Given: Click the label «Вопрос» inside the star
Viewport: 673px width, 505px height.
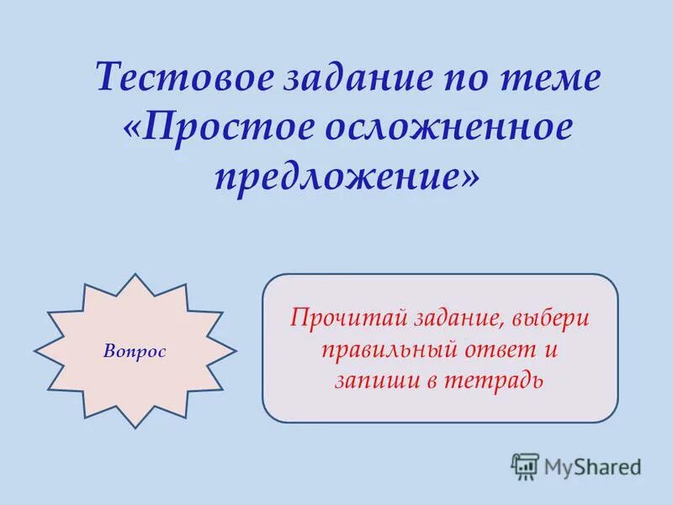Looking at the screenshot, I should click(x=135, y=350).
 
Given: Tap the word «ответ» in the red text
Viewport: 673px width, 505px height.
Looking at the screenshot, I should click(x=499, y=349).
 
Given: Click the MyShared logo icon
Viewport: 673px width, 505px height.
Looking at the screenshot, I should click(x=525, y=466).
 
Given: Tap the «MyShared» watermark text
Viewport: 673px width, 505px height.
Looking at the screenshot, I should click(x=592, y=466).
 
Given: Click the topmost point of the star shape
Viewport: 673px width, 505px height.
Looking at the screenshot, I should click(x=135, y=273).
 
